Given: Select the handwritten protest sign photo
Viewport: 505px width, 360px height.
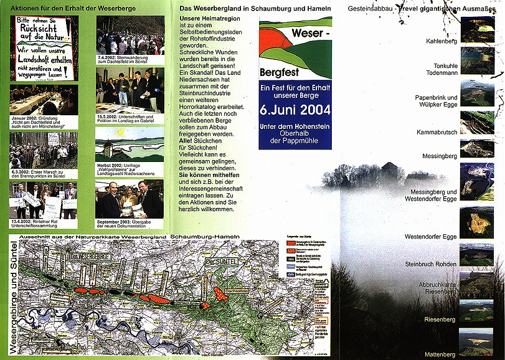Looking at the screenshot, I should [x=44, y=48].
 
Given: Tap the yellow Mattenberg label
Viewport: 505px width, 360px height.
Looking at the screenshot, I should [x=440, y=354].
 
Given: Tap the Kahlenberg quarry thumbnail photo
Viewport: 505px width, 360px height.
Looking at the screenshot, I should [x=477, y=29].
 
